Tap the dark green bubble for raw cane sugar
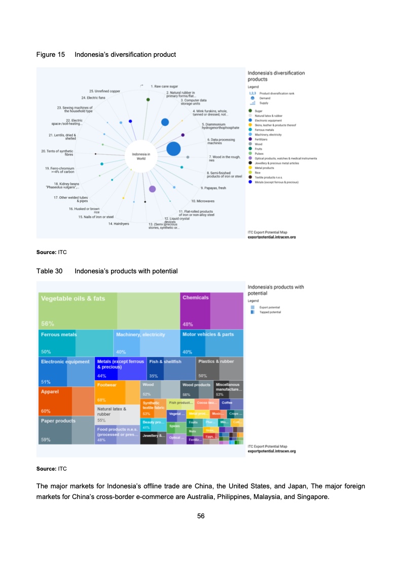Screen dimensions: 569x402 [x=148, y=99]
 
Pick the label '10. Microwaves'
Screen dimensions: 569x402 [x=203, y=201]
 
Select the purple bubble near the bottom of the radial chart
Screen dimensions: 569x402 [x=152, y=189]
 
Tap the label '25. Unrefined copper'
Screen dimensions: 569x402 [x=104, y=91]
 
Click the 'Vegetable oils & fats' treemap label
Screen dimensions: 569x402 [x=73, y=299]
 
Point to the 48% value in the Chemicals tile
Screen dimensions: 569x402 [x=188, y=325]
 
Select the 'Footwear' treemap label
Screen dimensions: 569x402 [x=107, y=385]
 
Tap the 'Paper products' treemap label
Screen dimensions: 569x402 [x=58, y=421]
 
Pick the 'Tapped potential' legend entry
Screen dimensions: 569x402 [x=270, y=312]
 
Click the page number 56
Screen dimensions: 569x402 [x=201, y=516]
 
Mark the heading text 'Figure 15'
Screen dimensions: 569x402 [x=51, y=54]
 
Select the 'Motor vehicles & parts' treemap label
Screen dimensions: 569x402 [x=208, y=335]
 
